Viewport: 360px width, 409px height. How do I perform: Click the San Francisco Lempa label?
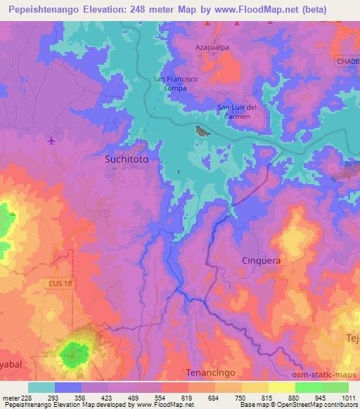[176, 83]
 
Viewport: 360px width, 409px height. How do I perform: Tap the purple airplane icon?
[51, 140]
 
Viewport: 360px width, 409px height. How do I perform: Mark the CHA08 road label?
[347, 63]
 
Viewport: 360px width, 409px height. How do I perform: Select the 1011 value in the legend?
[348, 397]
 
